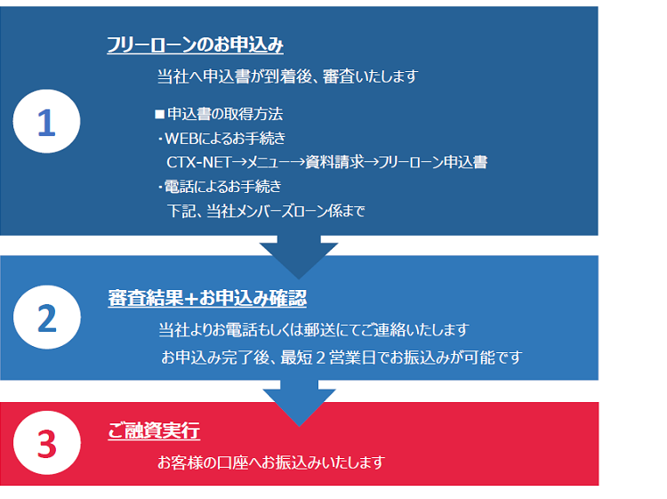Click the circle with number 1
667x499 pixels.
[46, 121]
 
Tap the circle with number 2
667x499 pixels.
[47, 318]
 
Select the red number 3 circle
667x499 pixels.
[47, 443]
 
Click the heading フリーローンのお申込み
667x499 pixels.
[195, 44]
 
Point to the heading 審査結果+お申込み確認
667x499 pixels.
[207, 298]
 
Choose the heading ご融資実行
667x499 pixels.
[154, 431]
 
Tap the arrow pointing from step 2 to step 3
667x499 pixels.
[299, 403]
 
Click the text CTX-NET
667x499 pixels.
[198, 162]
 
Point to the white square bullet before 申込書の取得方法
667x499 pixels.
[159, 115]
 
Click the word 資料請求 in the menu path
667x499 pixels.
[334, 162]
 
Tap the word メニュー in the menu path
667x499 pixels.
[268, 162]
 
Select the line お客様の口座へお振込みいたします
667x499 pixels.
[271, 463]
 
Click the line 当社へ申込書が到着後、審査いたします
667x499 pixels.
[288, 76]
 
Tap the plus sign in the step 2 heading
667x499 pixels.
[191, 298]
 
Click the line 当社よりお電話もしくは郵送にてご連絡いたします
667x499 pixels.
[314, 330]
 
